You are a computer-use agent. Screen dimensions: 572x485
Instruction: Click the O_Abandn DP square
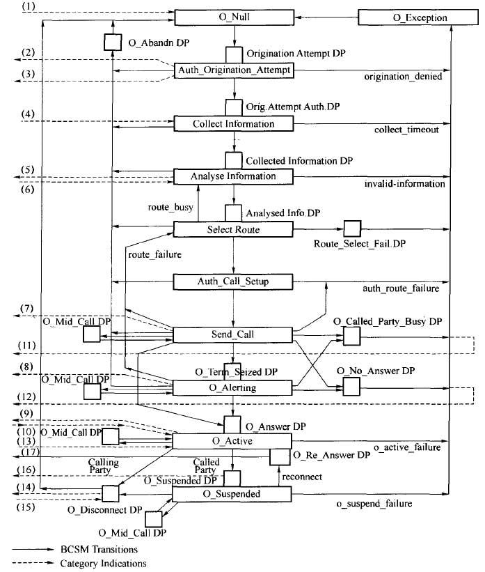pos(113,42)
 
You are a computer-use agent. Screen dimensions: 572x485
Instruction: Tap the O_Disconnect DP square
pos(111,494)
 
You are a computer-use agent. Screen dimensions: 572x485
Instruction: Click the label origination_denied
pos(403,77)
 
